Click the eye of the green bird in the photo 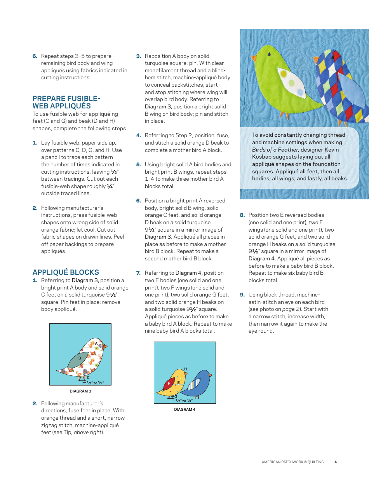tap(268, 54)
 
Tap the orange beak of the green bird tap(254, 59)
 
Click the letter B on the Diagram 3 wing tap(80, 358)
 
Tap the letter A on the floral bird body tap(96, 343)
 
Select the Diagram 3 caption tap(80, 391)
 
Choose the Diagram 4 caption tap(184, 409)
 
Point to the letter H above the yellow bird tap(186, 369)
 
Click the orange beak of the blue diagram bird tap(211, 375)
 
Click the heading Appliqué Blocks tap(66, 272)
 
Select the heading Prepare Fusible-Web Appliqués tap(66, 102)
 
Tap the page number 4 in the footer tap(336, 462)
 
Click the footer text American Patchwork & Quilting tap(292, 462)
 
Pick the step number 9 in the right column tap(242, 295)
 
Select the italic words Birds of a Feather tap(275, 150)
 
